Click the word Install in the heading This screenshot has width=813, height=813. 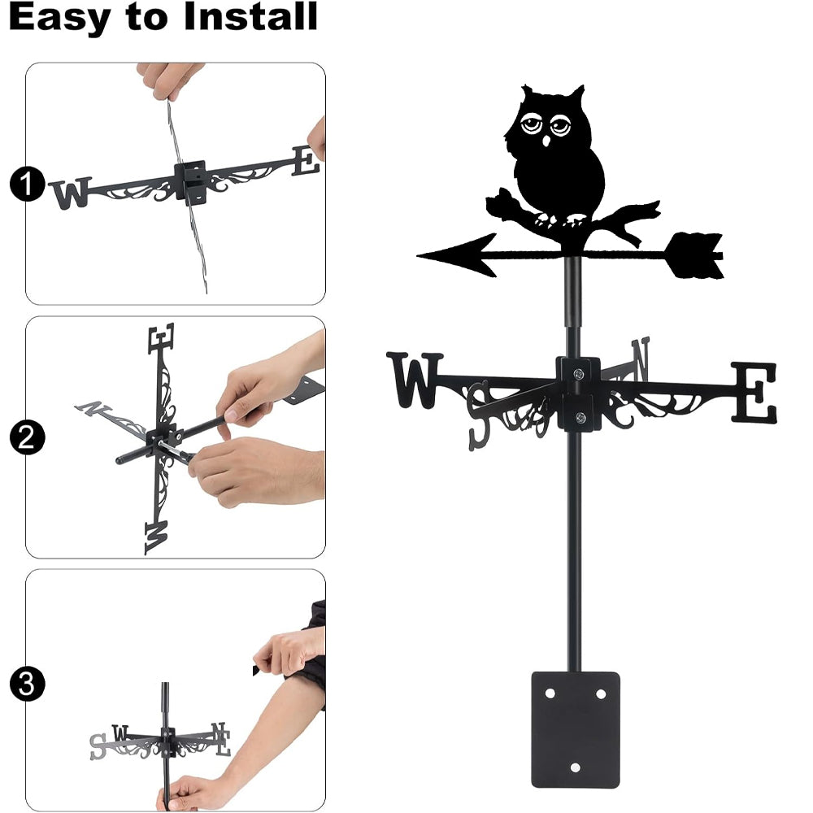(x=250, y=16)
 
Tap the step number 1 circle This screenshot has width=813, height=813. (x=27, y=184)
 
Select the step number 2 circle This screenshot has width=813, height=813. (x=27, y=437)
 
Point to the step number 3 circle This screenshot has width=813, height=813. (x=27, y=685)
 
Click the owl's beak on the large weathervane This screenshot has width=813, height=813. (x=546, y=141)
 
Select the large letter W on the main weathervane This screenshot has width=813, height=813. (x=415, y=380)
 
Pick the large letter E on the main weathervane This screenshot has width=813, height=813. (x=754, y=392)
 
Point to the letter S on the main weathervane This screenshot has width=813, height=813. (x=479, y=415)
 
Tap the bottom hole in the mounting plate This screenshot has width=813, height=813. (x=575, y=767)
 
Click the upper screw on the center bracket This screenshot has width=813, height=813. (x=578, y=373)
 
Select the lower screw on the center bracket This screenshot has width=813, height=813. (x=580, y=416)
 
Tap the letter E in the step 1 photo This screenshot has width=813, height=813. (x=306, y=160)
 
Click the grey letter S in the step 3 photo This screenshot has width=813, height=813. (x=98, y=746)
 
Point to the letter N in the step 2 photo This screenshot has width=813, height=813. (x=93, y=409)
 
